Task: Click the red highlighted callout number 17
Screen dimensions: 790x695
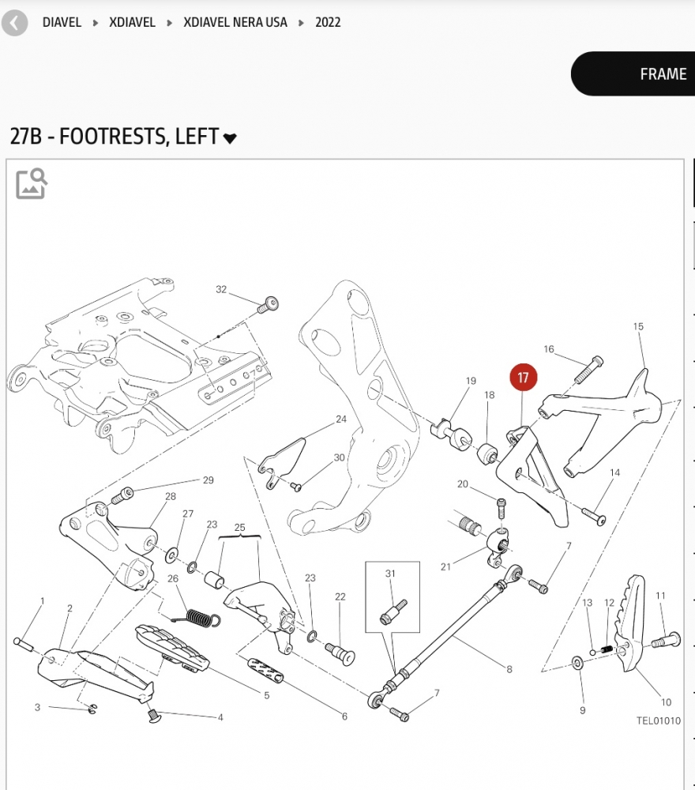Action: pyautogui.click(x=523, y=378)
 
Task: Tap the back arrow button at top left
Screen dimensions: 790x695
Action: pyautogui.click(x=14, y=23)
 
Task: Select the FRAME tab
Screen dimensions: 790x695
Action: pyautogui.click(x=662, y=74)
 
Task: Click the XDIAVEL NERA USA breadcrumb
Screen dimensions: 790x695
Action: pyautogui.click(x=235, y=22)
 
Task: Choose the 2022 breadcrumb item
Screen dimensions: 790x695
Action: pyautogui.click(x=328, y=22)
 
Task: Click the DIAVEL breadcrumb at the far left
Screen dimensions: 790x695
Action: pyautogui.click(x=62, y=22)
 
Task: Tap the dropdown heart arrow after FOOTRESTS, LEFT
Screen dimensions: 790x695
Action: pyautogui.click(x=230, y=138)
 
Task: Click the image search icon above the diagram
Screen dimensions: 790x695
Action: pyautogui.click(x=32, y=183)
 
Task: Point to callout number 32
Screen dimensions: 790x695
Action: pyautogui.click(x=221, y=290)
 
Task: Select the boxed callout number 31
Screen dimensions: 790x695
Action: pyautogui.click(x=389, y=574)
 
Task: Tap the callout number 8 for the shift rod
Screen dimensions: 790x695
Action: pyautogui.click(x=509, y=669)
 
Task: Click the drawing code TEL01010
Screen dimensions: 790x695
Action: pyautogui.click(x=658, y=720)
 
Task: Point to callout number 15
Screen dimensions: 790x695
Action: pyautogui.click(x=638, y=326)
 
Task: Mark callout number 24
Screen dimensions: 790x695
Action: pyautogui.click(x=341, y=419)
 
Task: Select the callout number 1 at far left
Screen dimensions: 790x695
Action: pyautogui.click(x=43, y=601)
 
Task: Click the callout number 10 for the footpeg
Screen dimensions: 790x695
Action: pyautogui.click(x=666, y=702)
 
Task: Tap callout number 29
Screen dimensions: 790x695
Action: pyautogui.click(x=208, y=480)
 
